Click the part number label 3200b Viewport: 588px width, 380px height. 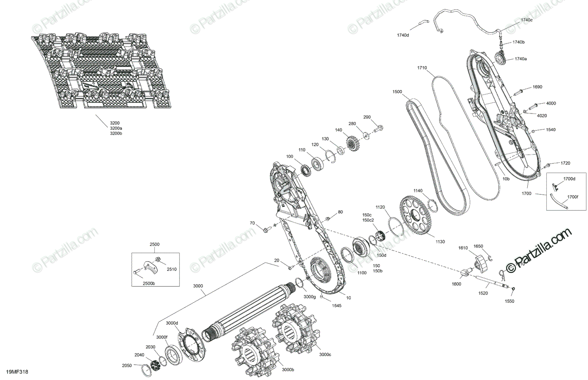pyautogui.click(x=116, y=134)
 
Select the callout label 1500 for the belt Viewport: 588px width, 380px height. pyautogui.click(x=397, y=92)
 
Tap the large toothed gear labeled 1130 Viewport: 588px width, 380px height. pyautogui.click(x=416, y=215)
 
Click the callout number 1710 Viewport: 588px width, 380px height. pyautogui.click(x=422, y=67)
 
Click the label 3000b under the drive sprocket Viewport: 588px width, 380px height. pyautogui.click(x=288, y=370)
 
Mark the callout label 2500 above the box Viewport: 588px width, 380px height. pyautogui.click(x=155, y=244)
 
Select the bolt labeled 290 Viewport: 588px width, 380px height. pyautogui.click(x=379, y=129)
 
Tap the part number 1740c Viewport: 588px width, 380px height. pyautogui.click(x=527, y=20)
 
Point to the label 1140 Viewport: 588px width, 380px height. pyautogui.click(x=417, y=191)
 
